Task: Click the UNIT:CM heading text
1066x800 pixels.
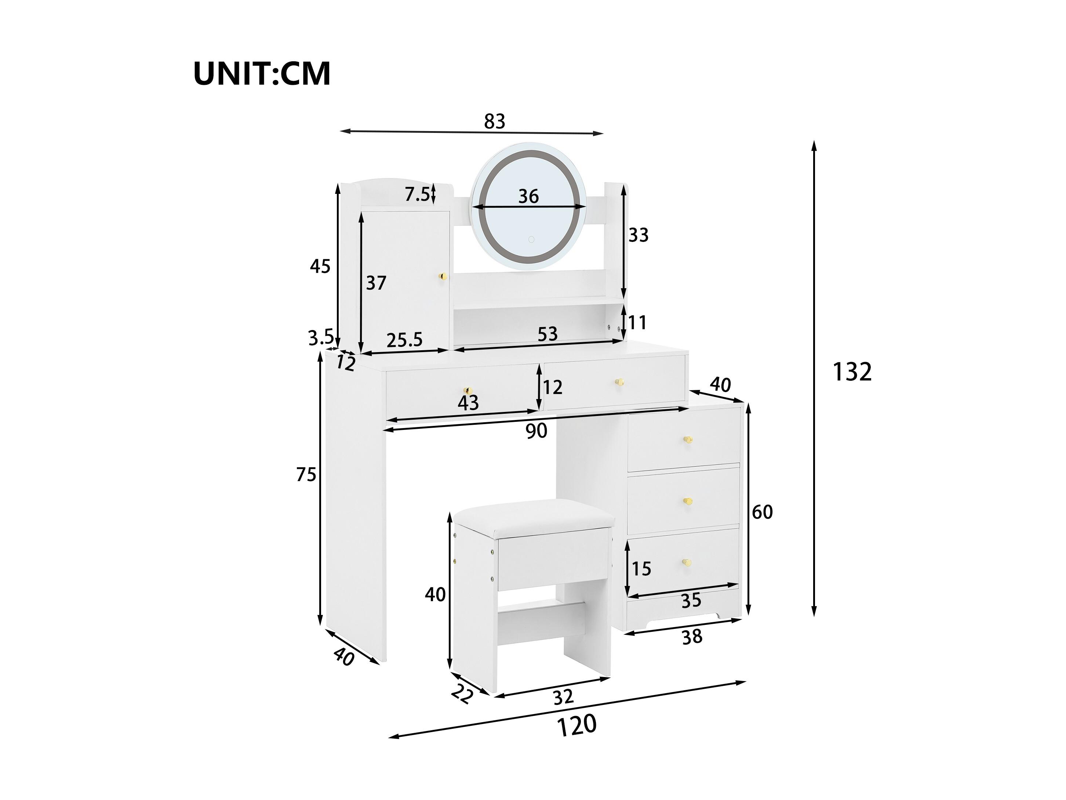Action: tap(262, 73)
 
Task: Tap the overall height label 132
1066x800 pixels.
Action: tap(852, 372)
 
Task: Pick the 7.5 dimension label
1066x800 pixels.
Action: tap(417, 194)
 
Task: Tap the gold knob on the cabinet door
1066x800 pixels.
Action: tap(106, 276)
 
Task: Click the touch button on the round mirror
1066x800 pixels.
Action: tap(531, 239)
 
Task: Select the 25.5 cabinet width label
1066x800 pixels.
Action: tap(404, 340)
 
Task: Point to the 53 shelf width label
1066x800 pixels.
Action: tap(547, 334)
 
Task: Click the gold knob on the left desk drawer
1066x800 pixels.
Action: tap(129, 390)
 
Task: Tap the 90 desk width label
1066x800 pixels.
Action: tap(536, 431)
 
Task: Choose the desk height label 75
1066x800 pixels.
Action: tap(306, 475)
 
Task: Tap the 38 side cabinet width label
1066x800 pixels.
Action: tap(692, 637)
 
